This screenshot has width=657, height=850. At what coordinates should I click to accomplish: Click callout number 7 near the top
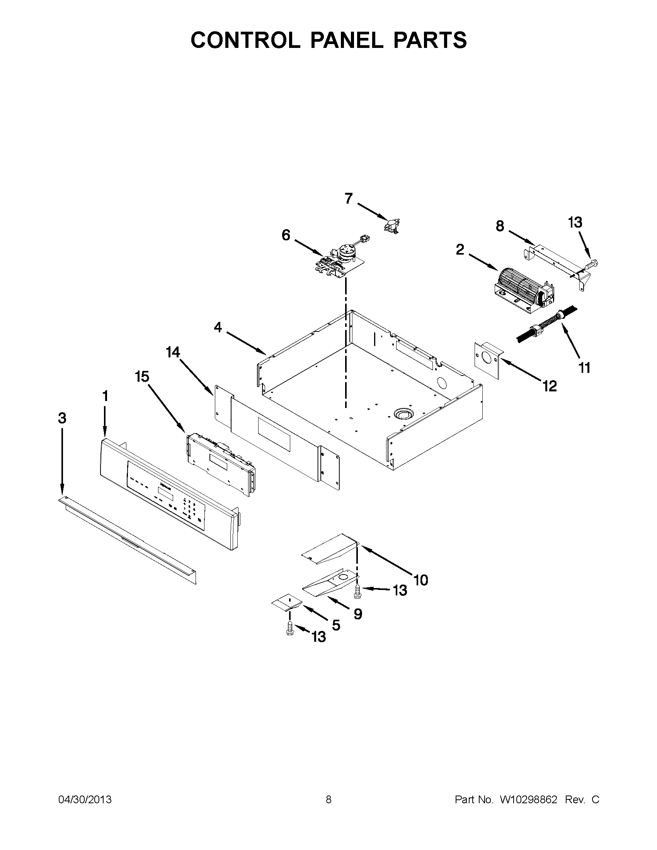348,199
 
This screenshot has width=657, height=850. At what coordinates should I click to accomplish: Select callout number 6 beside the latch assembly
286,235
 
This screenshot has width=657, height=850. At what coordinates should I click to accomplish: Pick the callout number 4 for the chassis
218,328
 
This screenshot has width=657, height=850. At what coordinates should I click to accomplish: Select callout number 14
173,353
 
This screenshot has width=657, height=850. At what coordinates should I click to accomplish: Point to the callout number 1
105,396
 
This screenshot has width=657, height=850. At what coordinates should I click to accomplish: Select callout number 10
421,580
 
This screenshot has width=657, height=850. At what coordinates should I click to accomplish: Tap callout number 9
358,614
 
